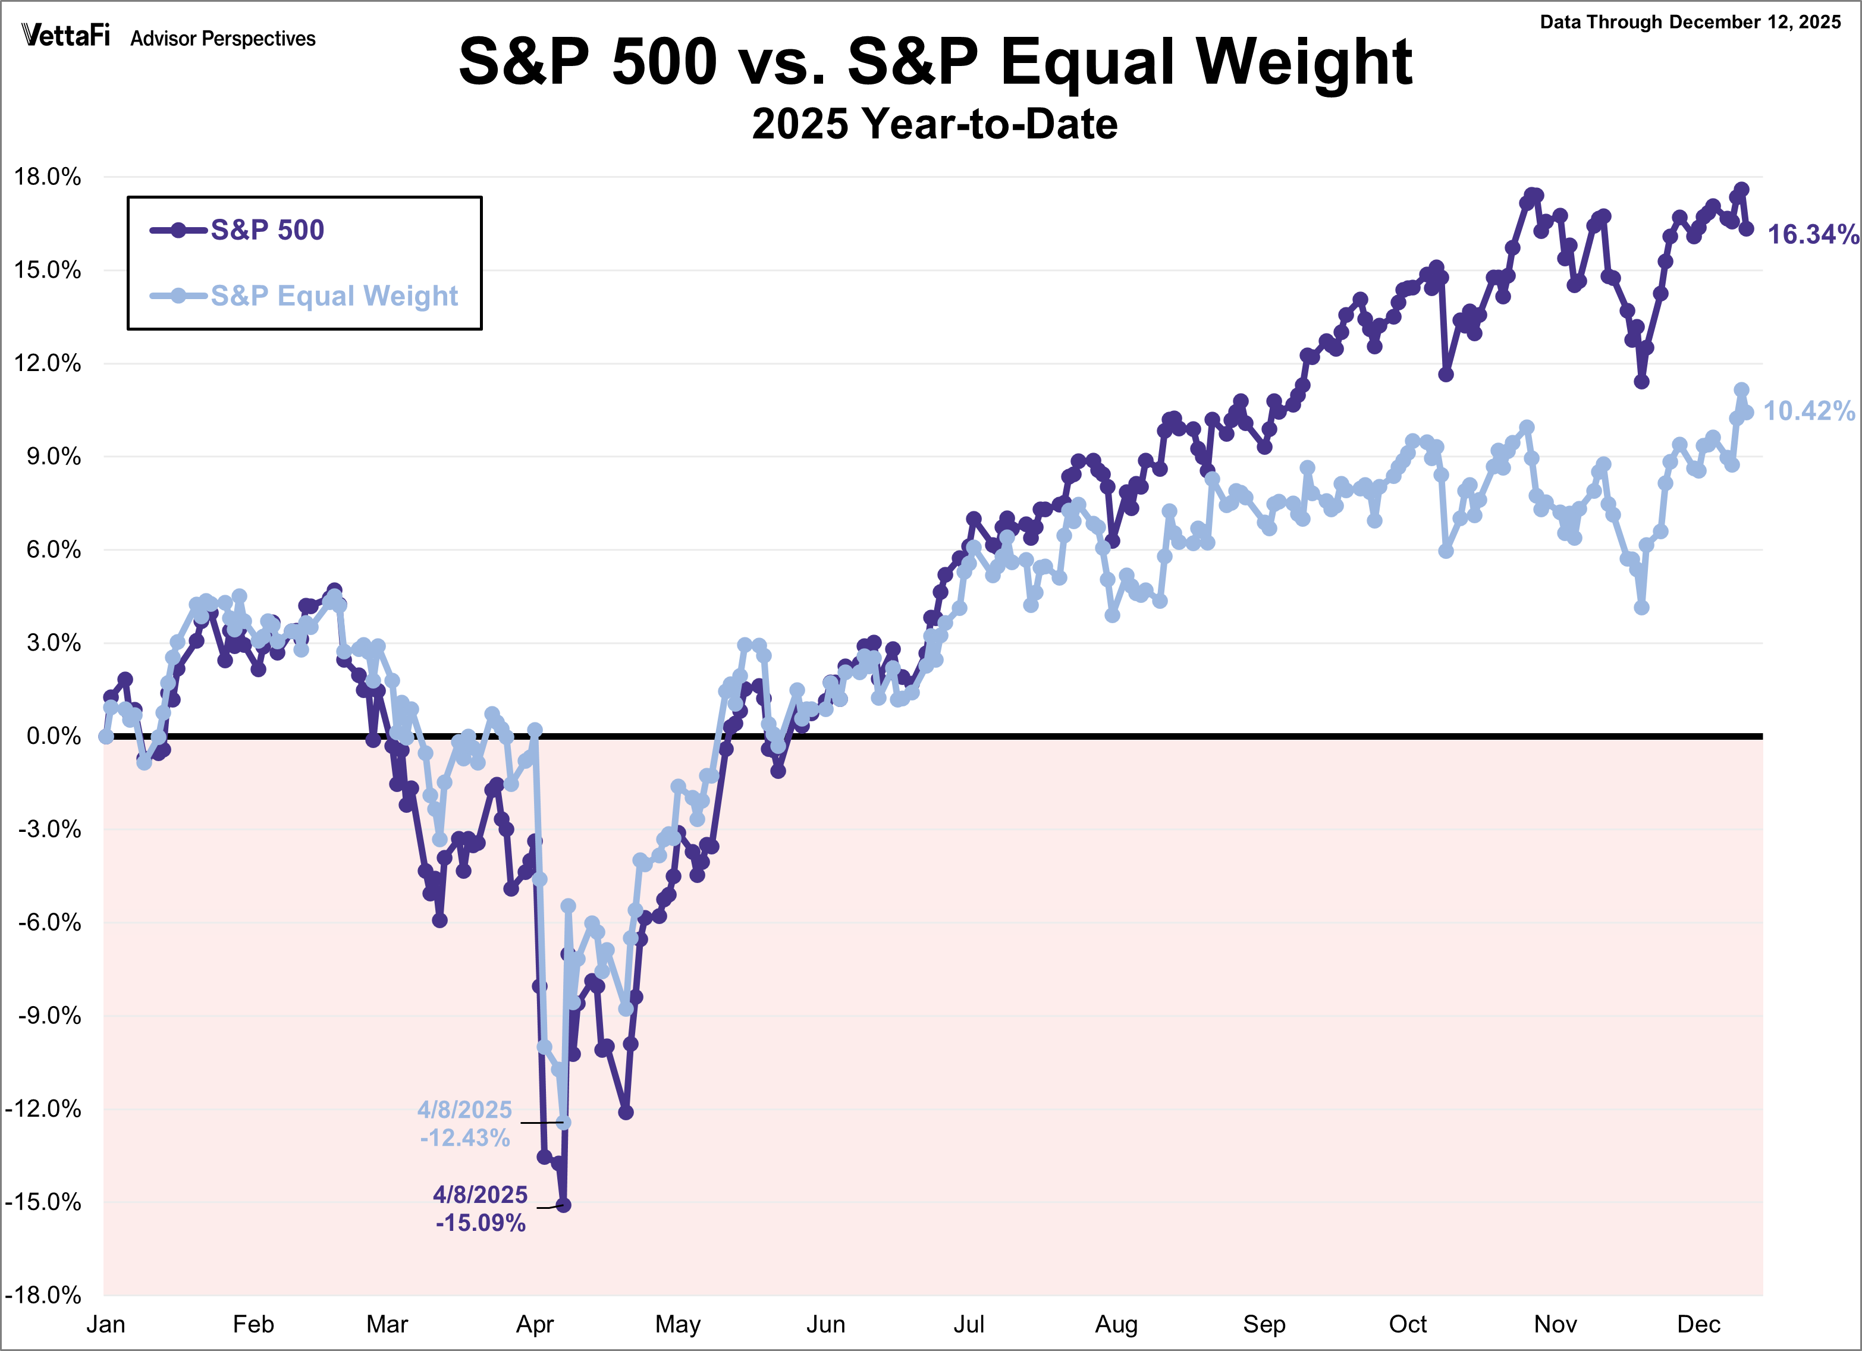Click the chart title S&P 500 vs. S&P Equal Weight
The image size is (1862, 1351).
tap(935, 62)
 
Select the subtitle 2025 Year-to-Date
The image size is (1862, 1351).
tap(934, 124)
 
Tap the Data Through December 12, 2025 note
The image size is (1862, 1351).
tap(1690, 22)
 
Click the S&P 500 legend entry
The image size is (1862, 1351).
tap(267, 230)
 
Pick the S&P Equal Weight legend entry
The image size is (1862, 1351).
tap(333, 296)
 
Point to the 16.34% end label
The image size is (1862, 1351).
tap(1812, 235)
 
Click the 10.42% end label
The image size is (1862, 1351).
tap(1808, 411)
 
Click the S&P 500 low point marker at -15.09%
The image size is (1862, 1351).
tap(564, 1205)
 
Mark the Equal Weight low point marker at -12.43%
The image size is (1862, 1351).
tap(564, 1122)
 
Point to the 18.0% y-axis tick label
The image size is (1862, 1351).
tap(48, 177)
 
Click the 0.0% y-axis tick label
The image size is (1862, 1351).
tap(54, 736)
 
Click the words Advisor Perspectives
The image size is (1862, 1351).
tap(222, 39)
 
